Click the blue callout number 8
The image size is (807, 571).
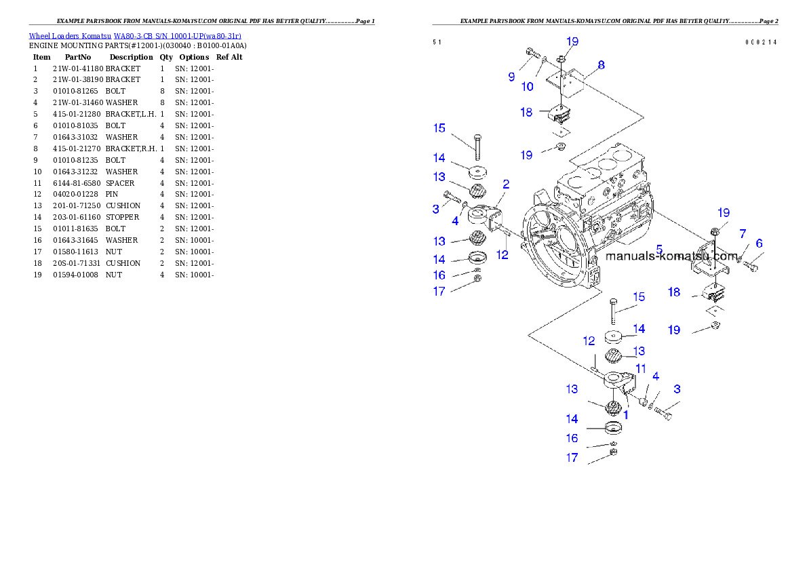tap(601, 65)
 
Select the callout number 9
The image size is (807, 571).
tap(511, 77)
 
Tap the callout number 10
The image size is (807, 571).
tap(528, 86)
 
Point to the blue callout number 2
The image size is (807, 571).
tap(506, 184)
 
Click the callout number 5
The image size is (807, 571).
tap(658, 249)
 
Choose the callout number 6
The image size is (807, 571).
tap(759, 243)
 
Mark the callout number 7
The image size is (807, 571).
tap(743, 234)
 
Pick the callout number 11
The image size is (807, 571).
tap(641, 368)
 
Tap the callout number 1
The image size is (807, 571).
tap(626, 414)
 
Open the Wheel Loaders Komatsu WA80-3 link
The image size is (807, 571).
tap(135, 36)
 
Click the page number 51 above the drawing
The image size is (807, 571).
tap(437, 42)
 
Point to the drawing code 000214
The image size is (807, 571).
tap(761, 42)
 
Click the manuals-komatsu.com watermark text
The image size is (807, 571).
tap(671, 256)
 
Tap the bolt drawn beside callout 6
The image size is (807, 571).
tap(751, 267)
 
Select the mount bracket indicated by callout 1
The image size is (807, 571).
tap(618, 382)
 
